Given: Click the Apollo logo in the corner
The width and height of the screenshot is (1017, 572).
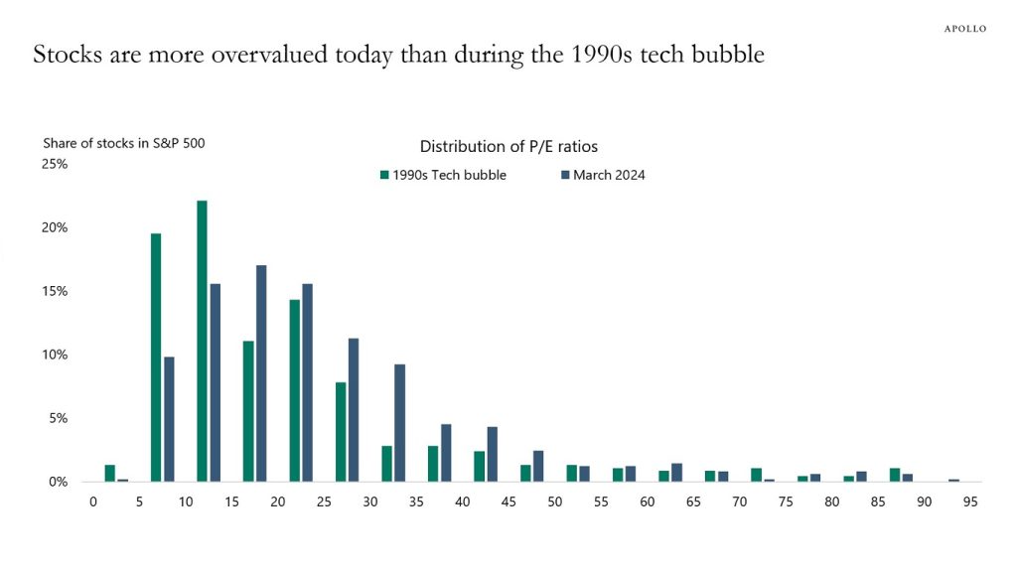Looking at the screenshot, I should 964,29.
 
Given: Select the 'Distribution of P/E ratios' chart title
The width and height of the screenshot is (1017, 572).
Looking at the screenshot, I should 508,146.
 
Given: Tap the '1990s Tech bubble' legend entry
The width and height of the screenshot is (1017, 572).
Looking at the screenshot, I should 443,175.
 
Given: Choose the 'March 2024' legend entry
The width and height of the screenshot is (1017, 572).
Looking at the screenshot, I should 603,175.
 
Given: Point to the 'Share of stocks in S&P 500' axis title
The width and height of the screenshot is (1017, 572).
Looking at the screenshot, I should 124,143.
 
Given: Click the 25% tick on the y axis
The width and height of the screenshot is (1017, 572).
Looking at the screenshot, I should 54,164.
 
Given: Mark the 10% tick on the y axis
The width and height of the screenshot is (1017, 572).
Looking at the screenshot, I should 54,355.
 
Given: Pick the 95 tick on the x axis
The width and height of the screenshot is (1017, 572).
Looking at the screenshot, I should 970,501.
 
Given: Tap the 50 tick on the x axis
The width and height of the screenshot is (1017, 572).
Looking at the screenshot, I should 555,501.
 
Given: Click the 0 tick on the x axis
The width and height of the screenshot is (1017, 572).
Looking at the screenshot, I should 93,501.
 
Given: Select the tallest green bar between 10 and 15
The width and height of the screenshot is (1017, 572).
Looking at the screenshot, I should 202,341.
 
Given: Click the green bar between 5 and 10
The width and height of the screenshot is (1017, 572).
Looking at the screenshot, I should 156,357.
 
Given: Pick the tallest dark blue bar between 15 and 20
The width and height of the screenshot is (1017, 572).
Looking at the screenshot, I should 261,373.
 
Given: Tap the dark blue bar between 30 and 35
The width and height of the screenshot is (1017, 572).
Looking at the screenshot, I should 399,422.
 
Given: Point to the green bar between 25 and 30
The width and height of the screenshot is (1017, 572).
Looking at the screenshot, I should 341,431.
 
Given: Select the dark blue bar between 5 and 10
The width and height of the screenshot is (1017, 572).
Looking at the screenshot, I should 169,419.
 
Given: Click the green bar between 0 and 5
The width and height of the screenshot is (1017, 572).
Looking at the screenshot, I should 110,473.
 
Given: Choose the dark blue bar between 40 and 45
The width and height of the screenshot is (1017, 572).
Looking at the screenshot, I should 492,454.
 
